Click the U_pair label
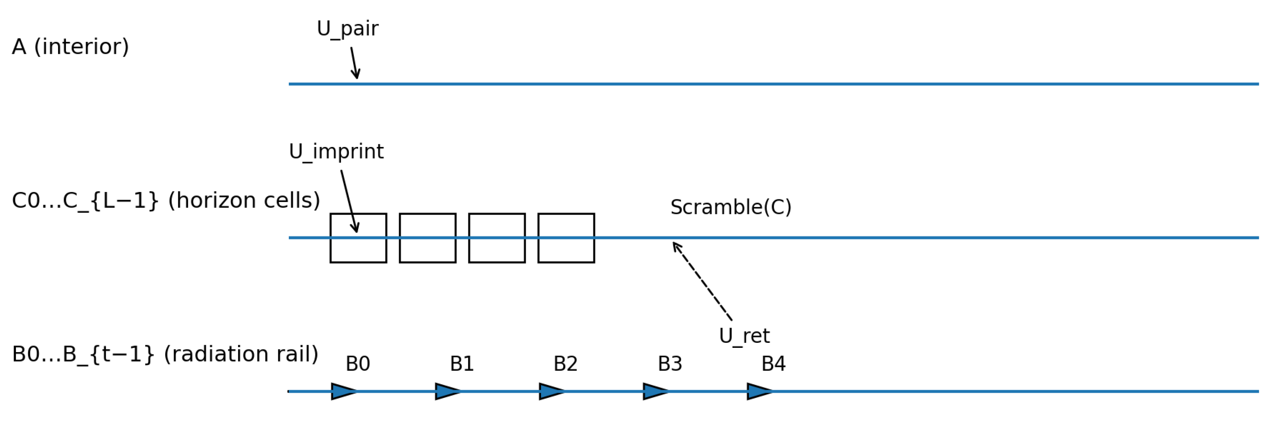tap(348, 29)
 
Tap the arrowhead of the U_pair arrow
tap(357, 76)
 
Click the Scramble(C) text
tap(731, 207)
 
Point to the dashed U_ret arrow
tap(702, 281)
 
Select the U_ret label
tap(744, 336)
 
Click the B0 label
tap(358, 364)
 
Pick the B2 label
tap(565, 364)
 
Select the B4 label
tap(773, 364)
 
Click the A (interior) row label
tap(70, 47)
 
